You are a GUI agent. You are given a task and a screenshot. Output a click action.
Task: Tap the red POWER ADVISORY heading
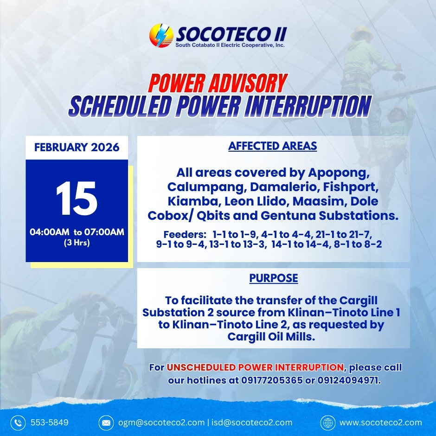tap(218, 83)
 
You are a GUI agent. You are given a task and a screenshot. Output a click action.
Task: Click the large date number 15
tap(77, 198)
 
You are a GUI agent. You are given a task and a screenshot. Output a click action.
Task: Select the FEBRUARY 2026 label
tap(77, 147)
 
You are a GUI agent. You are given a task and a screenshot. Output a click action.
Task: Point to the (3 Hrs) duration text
tap(77, 243)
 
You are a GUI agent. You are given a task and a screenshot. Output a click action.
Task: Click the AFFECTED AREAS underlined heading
tap(273, 146)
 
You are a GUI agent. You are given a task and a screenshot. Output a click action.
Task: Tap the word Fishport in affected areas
tap(350, 187)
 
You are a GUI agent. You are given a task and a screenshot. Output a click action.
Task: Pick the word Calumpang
tap(206, 187)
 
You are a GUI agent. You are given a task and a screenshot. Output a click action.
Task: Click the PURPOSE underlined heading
tap(273, 278)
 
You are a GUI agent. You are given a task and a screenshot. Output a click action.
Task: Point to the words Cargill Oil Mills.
tap(271, 337)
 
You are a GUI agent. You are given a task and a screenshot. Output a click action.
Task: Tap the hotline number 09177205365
tap(272, 380)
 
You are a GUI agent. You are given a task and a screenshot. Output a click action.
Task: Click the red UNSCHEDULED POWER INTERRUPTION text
tap(255, 367)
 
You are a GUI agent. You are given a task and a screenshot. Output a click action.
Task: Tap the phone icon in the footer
tap(18, 423)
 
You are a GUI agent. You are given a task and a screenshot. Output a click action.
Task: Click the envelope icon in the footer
tap(106, 423)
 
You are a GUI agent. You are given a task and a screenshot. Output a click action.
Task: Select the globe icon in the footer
tap(328, 423)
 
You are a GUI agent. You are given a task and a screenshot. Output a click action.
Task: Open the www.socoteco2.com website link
tap(381, 423)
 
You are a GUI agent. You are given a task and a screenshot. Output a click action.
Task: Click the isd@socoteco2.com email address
tap(252, 423)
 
